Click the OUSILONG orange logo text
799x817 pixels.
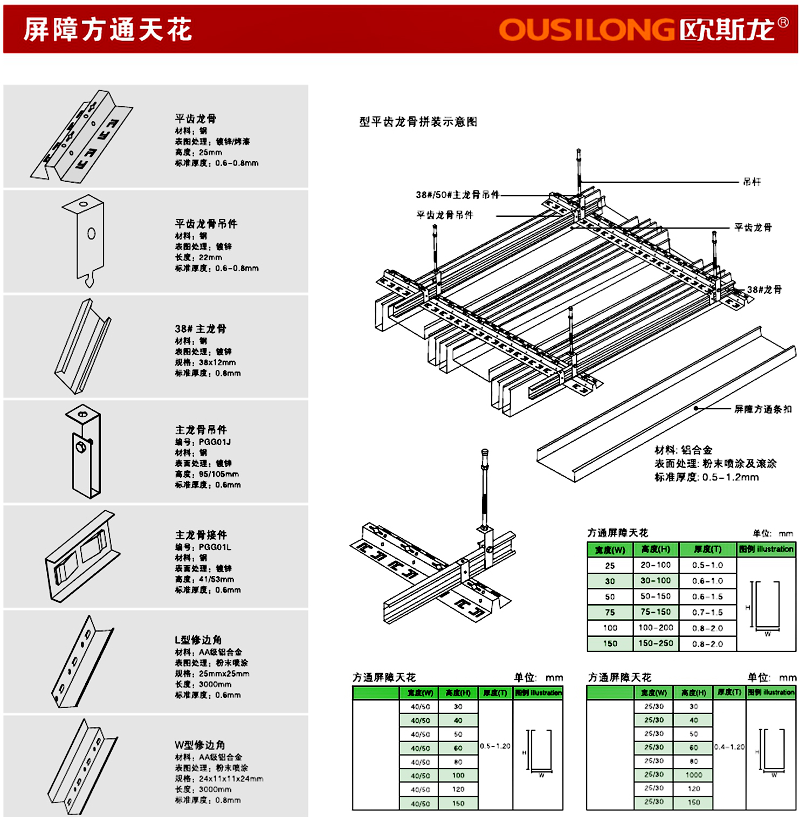point(586,30)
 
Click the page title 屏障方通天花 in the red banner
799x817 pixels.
point(108,29)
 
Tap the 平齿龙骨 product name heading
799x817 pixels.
point(196,118)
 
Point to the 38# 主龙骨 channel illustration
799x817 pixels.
point(83,346)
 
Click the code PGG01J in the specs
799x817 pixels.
point(215,442)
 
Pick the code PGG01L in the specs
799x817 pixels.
point(215,547)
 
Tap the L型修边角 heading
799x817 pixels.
point(198,640)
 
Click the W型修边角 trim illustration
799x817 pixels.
point(83,766)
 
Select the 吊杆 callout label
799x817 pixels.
point(752,182)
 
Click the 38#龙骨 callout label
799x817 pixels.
point(764,290)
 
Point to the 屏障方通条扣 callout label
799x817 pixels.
point(763,409)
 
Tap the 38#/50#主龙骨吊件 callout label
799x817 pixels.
point(457,195)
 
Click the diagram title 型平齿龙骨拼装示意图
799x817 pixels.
point(418,122)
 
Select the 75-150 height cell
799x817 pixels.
point(655,612)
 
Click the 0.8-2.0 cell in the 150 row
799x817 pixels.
point(707,643)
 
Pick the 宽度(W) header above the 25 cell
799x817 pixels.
point(610,550)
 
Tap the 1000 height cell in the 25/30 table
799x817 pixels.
point(693,774)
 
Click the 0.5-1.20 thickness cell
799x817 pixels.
point(495,746)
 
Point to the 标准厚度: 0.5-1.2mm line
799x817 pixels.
point(706,477)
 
